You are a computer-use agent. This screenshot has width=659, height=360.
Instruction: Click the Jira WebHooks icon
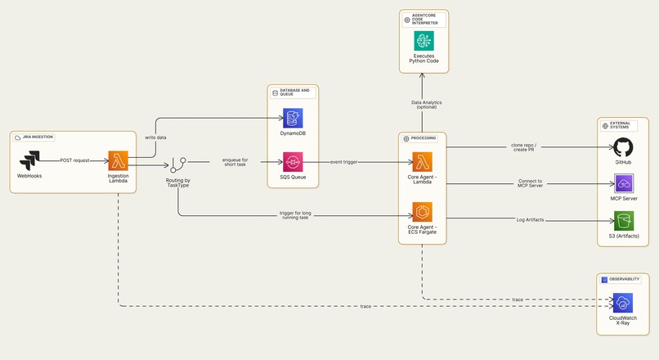coord(29,161)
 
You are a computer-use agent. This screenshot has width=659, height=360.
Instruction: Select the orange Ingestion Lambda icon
coord(118,161)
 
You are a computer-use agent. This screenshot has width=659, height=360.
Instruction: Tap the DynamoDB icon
coord(293,118)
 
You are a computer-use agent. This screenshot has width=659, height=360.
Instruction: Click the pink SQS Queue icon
coord(293,162)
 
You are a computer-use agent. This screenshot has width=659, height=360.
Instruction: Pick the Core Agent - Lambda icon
coord(422,161)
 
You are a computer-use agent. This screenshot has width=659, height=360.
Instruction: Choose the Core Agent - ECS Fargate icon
coord(422,212)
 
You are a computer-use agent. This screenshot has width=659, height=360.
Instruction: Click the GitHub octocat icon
coord(624,148)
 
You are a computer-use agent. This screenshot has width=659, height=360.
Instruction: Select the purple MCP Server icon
coord(624,183)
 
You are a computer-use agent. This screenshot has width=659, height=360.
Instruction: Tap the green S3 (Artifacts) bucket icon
coord(624,220)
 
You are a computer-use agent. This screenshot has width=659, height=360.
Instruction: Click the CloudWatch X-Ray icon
coord(624,303)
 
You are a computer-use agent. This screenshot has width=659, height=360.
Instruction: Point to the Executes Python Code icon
coord(424,41)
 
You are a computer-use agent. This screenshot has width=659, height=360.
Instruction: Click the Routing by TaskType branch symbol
coord(177,166)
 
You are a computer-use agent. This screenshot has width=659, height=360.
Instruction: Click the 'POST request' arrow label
coord(76,160)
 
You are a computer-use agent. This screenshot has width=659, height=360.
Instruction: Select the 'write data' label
coord(155,137)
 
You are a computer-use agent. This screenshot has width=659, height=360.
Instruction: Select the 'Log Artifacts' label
coord(530,220)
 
